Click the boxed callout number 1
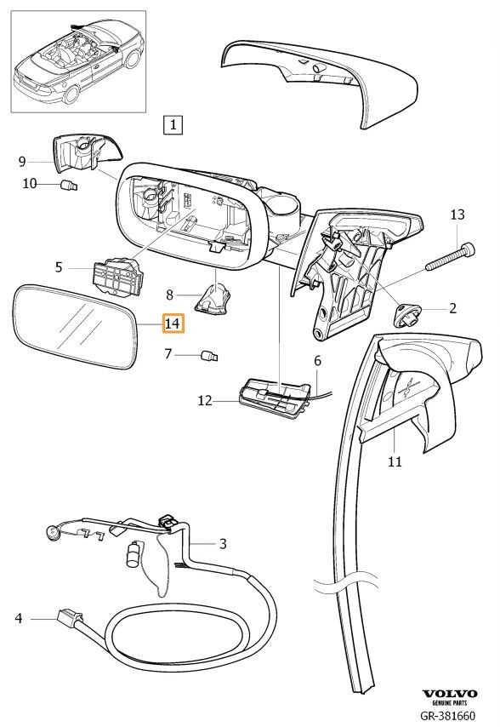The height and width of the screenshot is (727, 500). tap(173, 124)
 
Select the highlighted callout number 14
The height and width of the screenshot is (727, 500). tap(173, 323)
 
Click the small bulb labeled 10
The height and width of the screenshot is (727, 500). tap(70, 186)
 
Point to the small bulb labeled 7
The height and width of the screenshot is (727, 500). tap(210, 357)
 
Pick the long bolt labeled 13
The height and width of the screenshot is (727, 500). tap(450, 257)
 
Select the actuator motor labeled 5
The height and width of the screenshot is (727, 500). tap(118, 277)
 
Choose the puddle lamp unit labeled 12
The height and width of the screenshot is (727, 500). tap(274, 398)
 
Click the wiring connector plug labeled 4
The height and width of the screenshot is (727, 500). tap(70, 617)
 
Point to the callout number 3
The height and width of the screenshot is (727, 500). tap(223, 543)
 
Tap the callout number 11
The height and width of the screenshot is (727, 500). tap(395, 461)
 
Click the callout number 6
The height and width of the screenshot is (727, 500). tap(317, 360)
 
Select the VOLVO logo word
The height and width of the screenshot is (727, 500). tap(450, 694)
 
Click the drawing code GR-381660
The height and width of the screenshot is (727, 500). tap(447, 716)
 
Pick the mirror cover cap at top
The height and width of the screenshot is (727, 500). tap(320, 81)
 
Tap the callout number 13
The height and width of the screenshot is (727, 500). tap(457, 215)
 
